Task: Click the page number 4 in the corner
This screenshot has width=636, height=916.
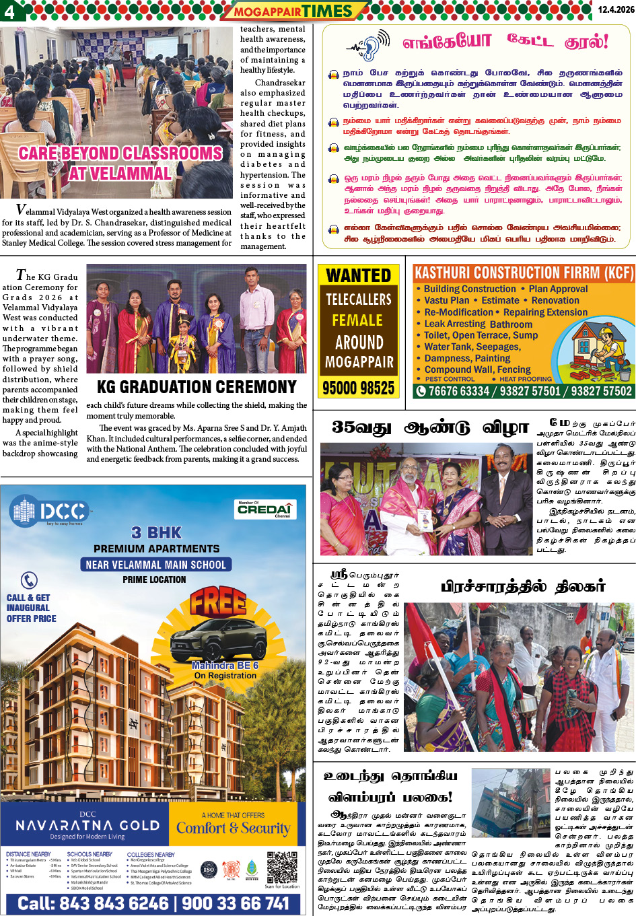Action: tap(9, 11)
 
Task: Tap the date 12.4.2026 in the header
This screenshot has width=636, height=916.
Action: tap(615, 9)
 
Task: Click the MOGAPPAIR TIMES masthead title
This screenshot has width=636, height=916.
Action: tap(293, 11)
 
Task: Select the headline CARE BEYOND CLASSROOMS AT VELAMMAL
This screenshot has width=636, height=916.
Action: tap(120, 164)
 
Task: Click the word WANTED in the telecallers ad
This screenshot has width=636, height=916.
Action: tap(359, 275)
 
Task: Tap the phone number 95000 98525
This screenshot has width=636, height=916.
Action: tap(359, 388)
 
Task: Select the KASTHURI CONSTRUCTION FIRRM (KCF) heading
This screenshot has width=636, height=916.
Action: tap(524, 273)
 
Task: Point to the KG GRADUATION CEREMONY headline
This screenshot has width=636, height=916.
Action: tap(197, 387)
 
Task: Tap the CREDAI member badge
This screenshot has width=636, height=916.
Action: tap(264, 509)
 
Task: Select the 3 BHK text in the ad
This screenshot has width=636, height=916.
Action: tap(156, 532)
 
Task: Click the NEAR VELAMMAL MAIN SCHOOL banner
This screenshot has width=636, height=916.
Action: tap(156, 565)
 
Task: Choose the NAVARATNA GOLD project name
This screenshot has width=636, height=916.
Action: tap(87, 825)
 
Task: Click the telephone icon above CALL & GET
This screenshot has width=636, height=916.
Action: tap(29, 580)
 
